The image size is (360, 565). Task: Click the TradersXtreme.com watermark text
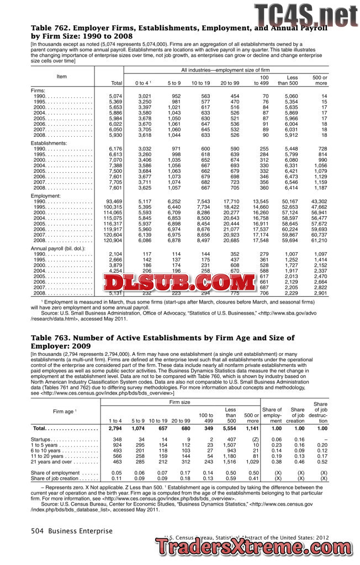[257, 547]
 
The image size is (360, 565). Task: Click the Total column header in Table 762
[116, 83]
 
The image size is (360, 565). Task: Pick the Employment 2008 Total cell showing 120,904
[113, 241]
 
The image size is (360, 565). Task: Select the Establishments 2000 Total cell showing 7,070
[114, 159]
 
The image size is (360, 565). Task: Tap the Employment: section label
[46, 195]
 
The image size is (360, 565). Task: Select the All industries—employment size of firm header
[226, 70]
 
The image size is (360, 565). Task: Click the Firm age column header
[65, 412]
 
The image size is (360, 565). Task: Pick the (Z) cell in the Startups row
[254, 439]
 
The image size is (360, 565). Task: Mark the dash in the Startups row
[325, 439]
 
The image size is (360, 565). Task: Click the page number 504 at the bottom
[37, 531]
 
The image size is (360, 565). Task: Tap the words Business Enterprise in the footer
[80, 531]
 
